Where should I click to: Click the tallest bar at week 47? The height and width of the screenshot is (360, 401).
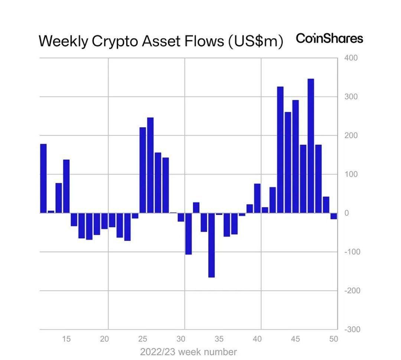[x=311, y=146]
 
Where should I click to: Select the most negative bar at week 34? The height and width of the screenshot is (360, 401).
[x=212, y=245]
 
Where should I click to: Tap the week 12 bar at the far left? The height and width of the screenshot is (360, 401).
[x=43, y=179]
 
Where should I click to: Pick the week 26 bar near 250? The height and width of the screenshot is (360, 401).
[x=150, y=165]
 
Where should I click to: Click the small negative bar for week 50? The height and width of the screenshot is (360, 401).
[x=334, y=216]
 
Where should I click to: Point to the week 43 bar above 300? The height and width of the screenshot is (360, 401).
[x=280, y=150]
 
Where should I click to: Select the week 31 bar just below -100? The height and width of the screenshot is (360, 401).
[x=189, y=234]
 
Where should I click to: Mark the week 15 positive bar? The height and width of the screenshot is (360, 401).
[x=66, y=186]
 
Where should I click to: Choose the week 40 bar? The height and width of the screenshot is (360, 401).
[x=257, y=198]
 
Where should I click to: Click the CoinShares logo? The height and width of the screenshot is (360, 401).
[x=329, y=38]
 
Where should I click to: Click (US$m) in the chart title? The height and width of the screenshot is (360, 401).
[x=255, y=41]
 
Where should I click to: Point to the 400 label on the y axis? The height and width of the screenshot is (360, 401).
[x=351, y=58]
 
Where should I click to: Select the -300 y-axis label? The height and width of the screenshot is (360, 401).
[x=352, y=329]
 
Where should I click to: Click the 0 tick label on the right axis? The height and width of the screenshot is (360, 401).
[x=346, y=213]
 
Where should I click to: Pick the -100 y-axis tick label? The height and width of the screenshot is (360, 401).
[x=352, y=252]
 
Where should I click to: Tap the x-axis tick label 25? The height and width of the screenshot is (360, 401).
[x=143, y=339]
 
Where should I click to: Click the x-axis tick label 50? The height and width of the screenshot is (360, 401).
[x=333, y=339]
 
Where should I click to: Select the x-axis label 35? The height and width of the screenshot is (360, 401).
[x=219, y=339]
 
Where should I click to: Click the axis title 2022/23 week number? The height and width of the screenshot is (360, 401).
[x=189, y=352]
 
